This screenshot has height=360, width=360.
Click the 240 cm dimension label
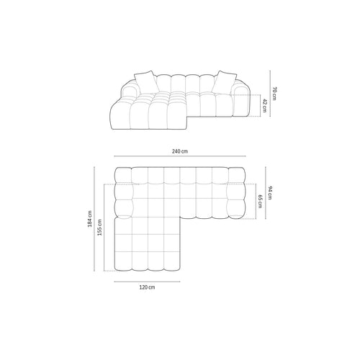click(180, 151)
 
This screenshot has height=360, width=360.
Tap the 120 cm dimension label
click(147, 287)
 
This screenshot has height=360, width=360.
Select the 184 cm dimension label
click(90, 219)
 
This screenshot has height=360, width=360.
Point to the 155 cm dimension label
click(99, 228)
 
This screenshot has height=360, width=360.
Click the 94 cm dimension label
click(269, 193)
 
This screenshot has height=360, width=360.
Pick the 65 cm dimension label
click(260, 202)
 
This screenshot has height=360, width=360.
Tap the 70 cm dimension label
click(274, 94)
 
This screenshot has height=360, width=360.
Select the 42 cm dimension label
click(264, 105)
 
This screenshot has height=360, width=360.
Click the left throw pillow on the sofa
click(146, 81)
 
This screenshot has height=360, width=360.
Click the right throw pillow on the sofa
click(224, 81)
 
